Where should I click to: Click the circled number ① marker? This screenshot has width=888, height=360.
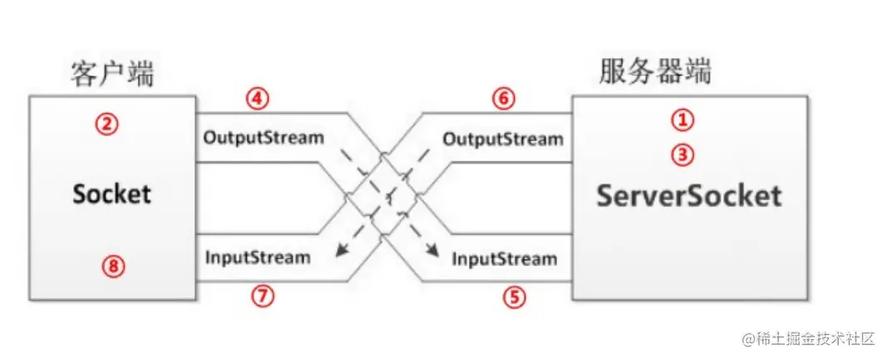click(682, 121)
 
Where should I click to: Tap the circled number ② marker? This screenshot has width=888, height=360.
click(107, 125)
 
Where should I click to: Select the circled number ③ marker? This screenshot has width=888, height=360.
click(682, 155)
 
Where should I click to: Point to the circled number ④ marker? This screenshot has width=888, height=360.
click(258, 99)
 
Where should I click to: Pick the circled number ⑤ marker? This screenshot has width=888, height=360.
click(516, 296)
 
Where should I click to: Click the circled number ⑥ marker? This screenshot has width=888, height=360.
click(503, 99)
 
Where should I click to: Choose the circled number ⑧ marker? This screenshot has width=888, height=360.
click(112, 267)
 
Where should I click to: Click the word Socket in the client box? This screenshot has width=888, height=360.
click(112, 194)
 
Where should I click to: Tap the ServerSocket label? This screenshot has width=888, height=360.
click(689, 195)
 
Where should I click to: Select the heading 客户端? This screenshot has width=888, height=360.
click(112, 74)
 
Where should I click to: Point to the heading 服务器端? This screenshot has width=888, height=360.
click(655, 72)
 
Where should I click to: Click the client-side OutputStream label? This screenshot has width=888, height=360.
click(264, 137)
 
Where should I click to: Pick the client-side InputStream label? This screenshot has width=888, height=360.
click(257, 257)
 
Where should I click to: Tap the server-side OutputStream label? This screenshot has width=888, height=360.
click(503, 139)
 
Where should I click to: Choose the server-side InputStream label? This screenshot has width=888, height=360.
click(505, 259)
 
